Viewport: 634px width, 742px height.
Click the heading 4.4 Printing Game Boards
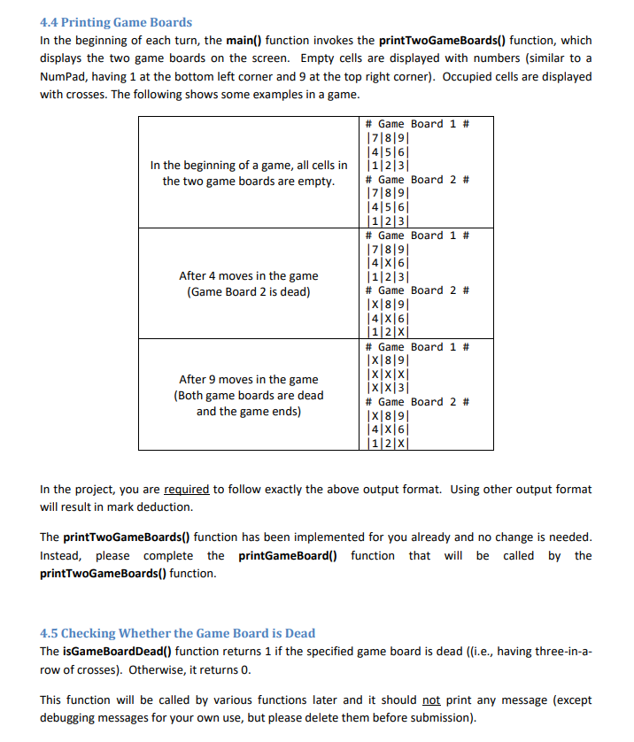pos(116,22)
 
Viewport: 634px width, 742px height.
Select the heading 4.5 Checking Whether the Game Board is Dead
pos(177,633)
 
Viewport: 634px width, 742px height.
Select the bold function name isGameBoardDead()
pos(117,652)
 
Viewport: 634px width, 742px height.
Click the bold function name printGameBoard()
pos(290,556)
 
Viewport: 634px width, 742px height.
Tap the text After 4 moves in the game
pos(248,275)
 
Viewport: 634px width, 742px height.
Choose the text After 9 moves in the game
pos(248,379)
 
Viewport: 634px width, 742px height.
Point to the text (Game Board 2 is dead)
pos(248,292)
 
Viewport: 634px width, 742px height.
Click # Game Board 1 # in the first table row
pos(416,124)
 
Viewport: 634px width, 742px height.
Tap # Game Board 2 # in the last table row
pos(416,402)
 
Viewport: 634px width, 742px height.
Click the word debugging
pos(69,717)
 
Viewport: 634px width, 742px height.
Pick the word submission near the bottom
pos(443,717)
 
